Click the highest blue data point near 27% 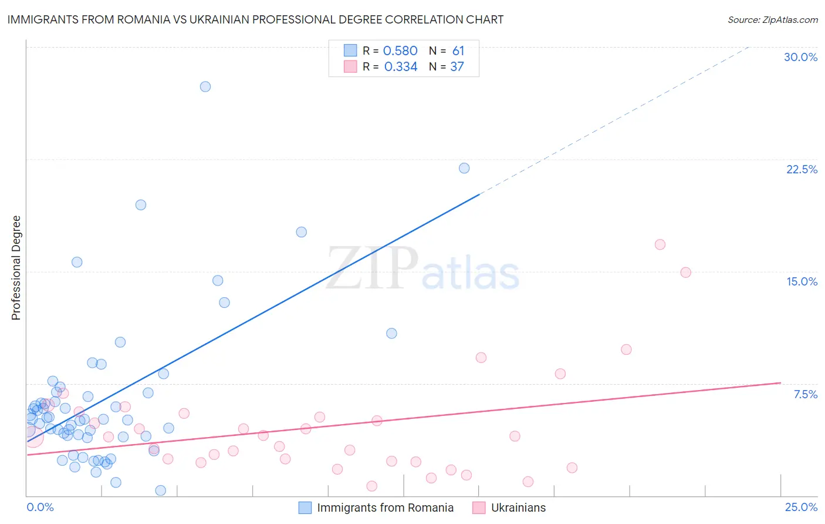tap(205, 86)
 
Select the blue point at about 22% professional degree tap(464, 168)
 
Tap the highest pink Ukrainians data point tap(660, 244)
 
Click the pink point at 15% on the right tap(685, 273)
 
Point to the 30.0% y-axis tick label tap(800, 57)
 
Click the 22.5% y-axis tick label tap(802, 169)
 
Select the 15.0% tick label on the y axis tap(802, 281)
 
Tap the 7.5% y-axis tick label tap(805, 394)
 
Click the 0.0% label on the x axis tap(40, 507)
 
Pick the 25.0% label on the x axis tap(801, 507)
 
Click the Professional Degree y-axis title tap(16, 268)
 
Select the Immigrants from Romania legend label tap(385, 508)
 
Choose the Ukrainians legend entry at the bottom tap(518, 508)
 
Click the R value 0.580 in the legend tap(400, 51)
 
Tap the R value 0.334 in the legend tap(401, 67)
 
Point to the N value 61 tap(458, 51)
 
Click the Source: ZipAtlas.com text tap(772, 20)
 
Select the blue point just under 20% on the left tap(141, 205)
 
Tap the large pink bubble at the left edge tap(33, 436)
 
